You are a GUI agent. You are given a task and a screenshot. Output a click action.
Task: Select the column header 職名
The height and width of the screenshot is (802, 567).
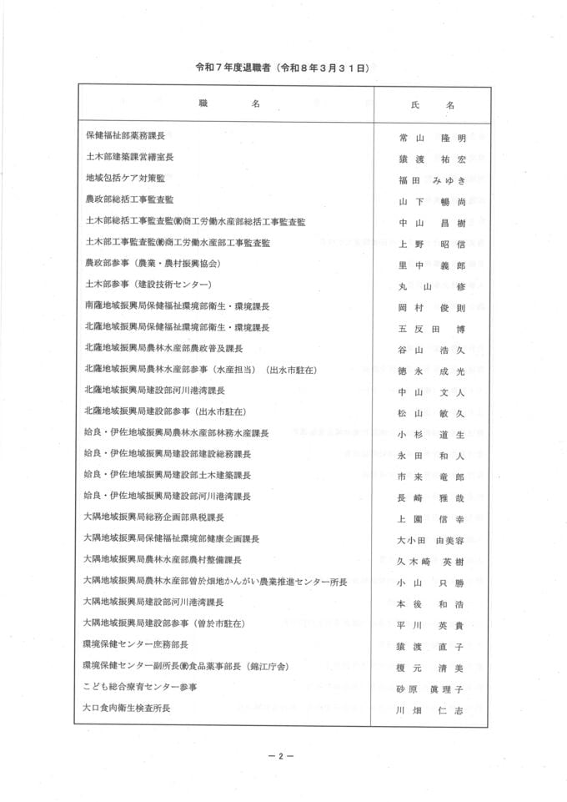coord(229,105)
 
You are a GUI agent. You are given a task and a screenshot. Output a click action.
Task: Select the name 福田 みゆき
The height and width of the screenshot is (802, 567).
coord(430,179)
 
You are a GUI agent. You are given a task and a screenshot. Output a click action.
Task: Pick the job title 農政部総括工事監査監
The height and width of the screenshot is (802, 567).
coord(129,200)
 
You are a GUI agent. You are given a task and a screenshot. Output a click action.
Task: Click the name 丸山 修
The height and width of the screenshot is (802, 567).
coord(430,285)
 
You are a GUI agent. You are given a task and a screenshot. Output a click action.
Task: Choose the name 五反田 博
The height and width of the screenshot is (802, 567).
coord(430,328)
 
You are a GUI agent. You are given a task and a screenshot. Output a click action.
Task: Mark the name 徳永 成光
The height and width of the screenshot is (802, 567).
coord(430,371)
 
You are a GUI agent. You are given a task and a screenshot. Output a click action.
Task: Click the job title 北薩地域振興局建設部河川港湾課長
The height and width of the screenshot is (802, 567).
coord(155,391)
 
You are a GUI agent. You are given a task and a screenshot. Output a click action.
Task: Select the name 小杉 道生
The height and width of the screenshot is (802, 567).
coord(430,434)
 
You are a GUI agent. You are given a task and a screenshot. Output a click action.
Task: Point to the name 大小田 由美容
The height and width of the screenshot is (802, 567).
coord(430,539)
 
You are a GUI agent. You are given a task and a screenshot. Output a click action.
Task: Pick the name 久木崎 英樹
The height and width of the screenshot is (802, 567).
coord(430,561)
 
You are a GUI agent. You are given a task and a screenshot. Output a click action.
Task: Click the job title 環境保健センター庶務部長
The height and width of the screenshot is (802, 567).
coord(136,644)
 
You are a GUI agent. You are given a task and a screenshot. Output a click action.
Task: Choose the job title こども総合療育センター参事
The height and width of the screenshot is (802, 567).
coord(140,687)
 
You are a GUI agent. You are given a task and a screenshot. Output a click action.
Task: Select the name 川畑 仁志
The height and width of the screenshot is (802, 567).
coord(430,709)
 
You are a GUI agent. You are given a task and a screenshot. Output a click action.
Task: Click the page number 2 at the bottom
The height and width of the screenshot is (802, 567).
coord(282,757)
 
